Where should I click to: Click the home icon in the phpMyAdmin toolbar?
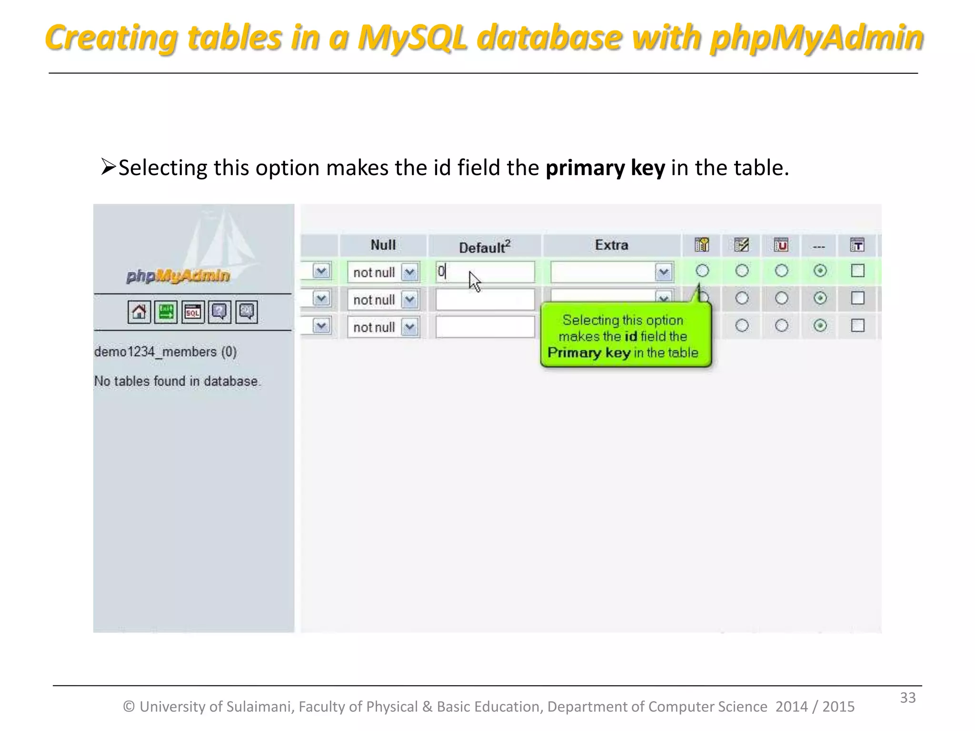pos(139,312)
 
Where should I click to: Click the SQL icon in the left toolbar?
pos(193,312)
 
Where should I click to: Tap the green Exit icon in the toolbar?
pos(166,312)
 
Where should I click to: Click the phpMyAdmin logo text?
pos(178,276)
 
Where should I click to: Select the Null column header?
pos(383,245)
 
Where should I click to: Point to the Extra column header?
pos(611,245)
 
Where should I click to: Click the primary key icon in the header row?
pos(702,245)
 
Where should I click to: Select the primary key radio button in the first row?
pos(702,271)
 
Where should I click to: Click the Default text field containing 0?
pos(485,272)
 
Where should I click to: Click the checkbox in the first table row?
pos(857,271)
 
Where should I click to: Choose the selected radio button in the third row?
pos(820,326)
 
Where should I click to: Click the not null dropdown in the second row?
pos(383,300)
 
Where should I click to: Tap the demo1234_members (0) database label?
pos(165,352)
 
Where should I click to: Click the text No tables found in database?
pos(177,381)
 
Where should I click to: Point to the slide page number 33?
pos(907,698)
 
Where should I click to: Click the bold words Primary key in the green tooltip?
pos(589,353)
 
